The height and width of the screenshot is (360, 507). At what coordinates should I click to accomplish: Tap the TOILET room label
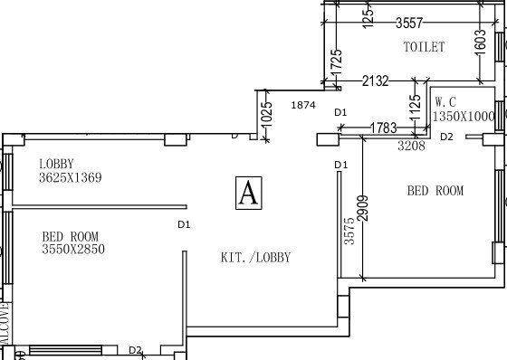click(424, 47)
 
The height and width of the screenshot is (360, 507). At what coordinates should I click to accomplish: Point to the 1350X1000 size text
click(464, 116)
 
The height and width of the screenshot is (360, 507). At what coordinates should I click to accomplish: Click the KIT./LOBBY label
click(256, 257)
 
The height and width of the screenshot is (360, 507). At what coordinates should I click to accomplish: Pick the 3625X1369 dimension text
click(70, 178)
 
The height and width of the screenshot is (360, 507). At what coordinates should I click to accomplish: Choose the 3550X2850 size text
click(73, 249)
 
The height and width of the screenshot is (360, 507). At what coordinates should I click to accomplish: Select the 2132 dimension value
click(375, 81)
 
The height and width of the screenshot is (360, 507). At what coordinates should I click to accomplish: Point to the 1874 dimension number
click(302, 106)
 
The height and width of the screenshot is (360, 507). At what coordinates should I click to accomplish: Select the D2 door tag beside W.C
click(445, 137)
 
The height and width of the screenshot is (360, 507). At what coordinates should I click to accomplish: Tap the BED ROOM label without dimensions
click(435, 191)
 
